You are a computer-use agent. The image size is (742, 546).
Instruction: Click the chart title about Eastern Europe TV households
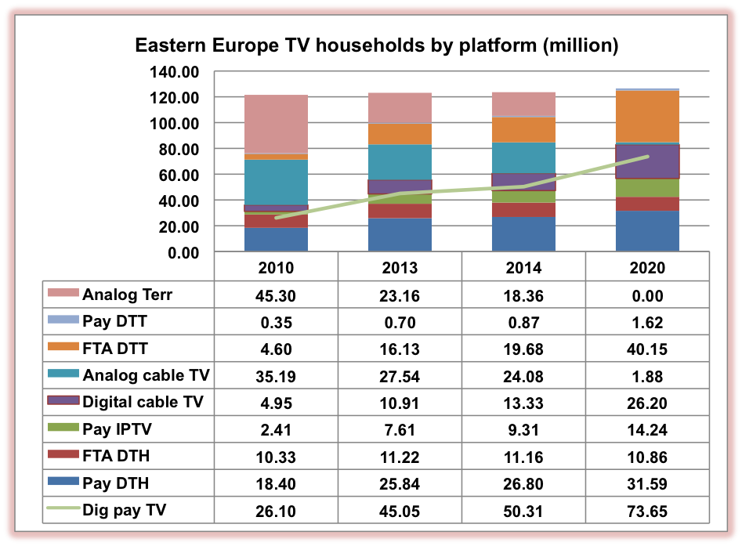[377, 45]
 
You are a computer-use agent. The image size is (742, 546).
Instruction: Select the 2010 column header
[276, 268]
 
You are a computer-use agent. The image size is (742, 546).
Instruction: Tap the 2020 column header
[647, 268]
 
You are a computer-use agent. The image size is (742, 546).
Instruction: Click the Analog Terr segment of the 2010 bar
[276, 124]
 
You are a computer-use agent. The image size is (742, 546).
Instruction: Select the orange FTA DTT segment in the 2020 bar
[647, 117]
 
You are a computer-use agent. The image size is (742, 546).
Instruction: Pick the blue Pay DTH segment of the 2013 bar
[400, 234]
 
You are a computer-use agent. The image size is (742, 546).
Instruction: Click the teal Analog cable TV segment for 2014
[523, 157]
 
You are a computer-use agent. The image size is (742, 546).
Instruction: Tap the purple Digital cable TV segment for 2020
[647, 161]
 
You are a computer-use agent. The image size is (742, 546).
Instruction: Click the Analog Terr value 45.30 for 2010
[276, 295]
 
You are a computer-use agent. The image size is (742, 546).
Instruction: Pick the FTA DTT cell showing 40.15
[647, 349]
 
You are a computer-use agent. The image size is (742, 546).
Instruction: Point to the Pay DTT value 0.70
[400, 323]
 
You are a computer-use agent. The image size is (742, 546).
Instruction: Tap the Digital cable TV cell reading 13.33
[523, 403]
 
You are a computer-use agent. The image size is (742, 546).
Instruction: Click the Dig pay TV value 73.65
[647, 512]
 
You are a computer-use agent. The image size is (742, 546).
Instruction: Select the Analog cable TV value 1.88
[647, 376]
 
